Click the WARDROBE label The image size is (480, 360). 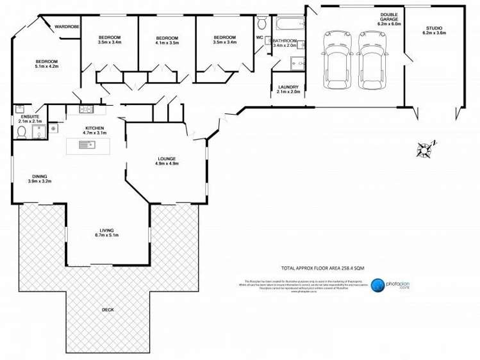pyautogui.click(x=67, y=27)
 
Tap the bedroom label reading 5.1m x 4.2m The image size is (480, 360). pyautogui.click(x=46, y=63)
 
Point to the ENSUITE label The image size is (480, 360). pyautogui.click(x=29, y=119)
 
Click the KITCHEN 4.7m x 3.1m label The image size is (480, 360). pyautogui.click(x=94, y=130)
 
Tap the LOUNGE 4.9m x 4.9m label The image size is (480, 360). pyautogui.click(x=167, y=161)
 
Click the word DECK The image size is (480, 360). pyautogui.click(x=108, y=310)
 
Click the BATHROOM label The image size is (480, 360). pyautogui.click(x=286, y=42)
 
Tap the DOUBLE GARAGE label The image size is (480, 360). pyautogui.click(x=388, y=17)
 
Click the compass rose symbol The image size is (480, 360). pyautogui.click(x=425, y=149)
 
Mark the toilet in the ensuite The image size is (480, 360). pyautogui.click(x=22, y=132)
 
